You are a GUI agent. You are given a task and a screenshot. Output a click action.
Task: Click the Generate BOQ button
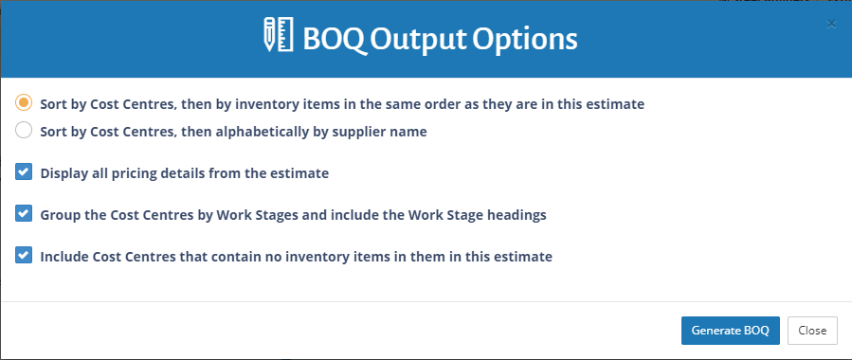(730, 331)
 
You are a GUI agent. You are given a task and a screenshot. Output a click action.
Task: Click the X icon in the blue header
(831, 24)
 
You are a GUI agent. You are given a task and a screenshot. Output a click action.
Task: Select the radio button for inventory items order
(25, 103)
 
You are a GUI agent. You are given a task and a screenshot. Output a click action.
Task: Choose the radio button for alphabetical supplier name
(25, 132)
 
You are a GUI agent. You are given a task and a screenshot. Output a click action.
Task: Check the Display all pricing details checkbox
(25, 173)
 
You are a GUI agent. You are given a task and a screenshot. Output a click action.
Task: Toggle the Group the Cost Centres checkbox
(25, 214)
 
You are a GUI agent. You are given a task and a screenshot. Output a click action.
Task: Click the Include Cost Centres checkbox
(25, 256)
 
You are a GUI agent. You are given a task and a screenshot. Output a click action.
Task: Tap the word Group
(60, 215)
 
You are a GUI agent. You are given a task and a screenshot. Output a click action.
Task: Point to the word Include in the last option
(64, 256)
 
